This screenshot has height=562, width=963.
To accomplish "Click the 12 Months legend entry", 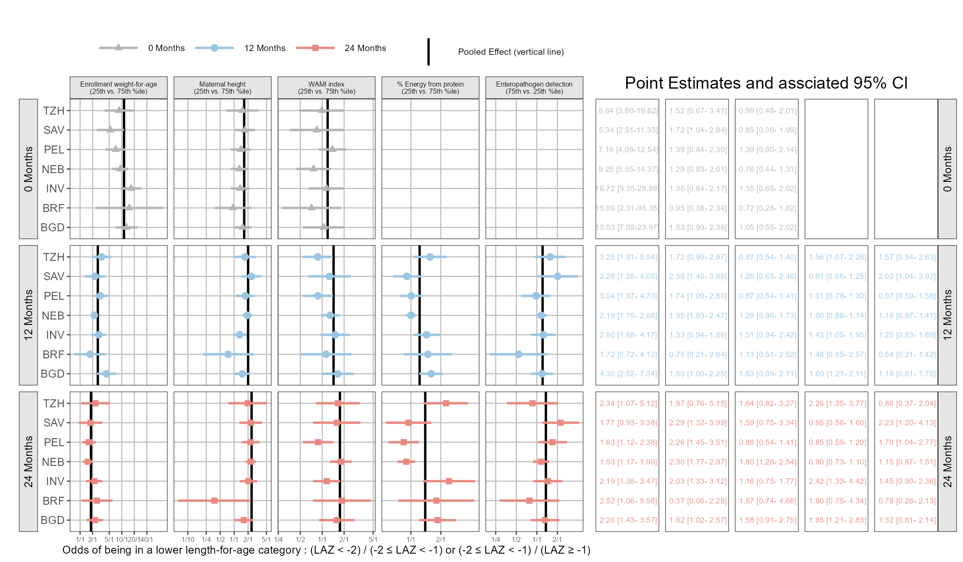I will click(265, 48).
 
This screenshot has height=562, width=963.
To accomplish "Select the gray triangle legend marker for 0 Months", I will click(119, 47).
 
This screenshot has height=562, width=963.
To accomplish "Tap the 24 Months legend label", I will click(365, 48).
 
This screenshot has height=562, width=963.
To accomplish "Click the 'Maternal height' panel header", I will click(222, 88).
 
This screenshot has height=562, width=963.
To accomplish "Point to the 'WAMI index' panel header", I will click(326, 88).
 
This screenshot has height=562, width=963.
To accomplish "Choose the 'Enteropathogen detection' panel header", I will click(534, 88).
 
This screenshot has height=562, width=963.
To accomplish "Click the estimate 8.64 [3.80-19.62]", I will click(628, 111).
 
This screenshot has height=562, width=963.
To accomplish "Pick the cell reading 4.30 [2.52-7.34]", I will click(628, 374).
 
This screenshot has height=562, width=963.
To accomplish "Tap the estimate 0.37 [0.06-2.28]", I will click(698, 501).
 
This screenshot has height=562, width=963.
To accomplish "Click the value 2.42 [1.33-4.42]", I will click(837, 481).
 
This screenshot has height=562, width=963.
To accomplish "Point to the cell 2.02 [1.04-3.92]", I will click(907, 276).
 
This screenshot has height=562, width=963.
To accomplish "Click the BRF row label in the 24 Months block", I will click(53, 501).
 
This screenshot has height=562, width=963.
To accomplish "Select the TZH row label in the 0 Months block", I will click(54, 111).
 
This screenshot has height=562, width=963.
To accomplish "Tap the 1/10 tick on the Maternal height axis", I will click(188, 539).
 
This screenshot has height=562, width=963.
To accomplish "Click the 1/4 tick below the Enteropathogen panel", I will click(496, 539).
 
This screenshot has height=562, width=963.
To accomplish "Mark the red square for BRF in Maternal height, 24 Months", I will click(214, 501).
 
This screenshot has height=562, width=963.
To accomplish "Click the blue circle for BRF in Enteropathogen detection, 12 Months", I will click(518, 354).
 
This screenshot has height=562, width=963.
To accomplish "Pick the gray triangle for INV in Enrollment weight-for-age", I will click(131, 188).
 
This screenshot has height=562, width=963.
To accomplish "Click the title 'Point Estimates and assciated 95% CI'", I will click(766, 83).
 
